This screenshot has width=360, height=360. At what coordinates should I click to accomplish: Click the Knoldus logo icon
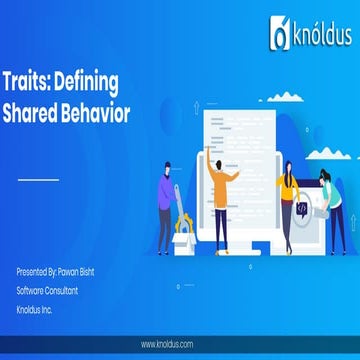[279, 35]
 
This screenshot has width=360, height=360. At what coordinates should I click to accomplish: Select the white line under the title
[39, 181]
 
